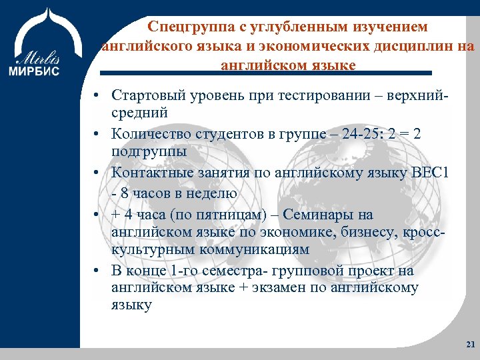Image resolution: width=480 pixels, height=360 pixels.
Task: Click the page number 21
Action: (470, 344)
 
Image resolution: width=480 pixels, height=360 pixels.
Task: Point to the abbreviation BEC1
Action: (434, 173)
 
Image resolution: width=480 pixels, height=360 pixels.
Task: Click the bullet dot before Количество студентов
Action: (97, 134)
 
